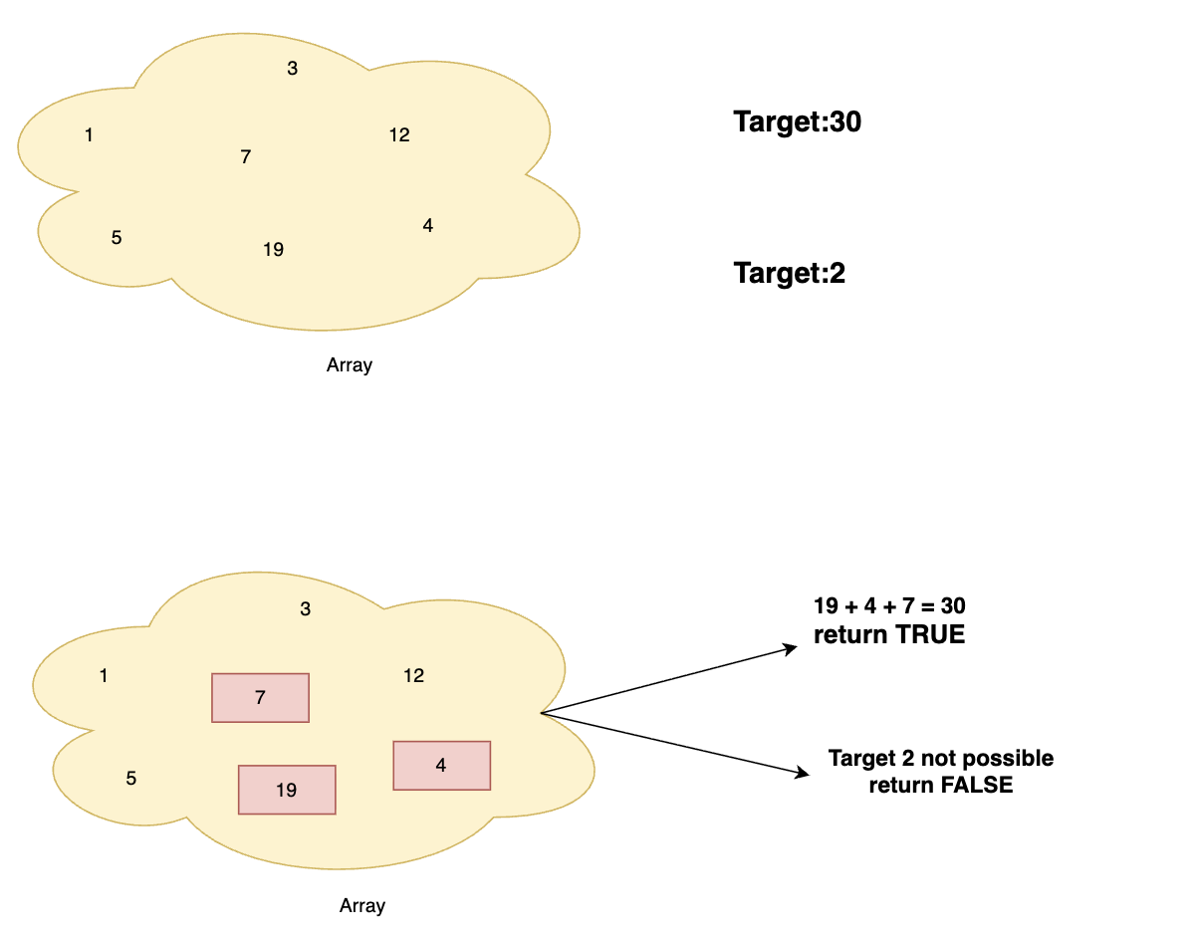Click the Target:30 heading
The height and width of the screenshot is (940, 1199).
point(797,122)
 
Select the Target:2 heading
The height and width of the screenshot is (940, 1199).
point(789,273)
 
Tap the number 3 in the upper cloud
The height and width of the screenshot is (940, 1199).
point(292,69)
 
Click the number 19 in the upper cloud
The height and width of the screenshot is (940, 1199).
point(273,250)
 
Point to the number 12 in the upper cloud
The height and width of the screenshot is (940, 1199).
point(399,135)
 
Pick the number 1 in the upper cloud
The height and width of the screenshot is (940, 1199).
point(90,135)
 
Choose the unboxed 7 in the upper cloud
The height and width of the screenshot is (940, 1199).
point(245,157)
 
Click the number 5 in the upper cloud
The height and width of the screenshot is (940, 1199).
point(117,238)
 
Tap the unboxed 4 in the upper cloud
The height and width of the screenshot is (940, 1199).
point(427,226)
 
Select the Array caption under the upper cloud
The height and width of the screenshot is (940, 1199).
point(349,365)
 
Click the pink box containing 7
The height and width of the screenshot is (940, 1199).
point(260,698)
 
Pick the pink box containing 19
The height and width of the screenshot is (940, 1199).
point(287,790)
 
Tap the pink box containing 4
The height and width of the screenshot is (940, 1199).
point(442,766)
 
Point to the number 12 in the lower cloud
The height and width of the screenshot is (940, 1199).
point(413,676)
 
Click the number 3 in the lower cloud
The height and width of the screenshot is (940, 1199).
point(305,609)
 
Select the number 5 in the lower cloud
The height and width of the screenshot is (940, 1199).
point(130,779)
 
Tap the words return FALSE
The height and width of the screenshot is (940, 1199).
point(940,786)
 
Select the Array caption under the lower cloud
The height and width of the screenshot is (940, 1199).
point(361,906)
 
